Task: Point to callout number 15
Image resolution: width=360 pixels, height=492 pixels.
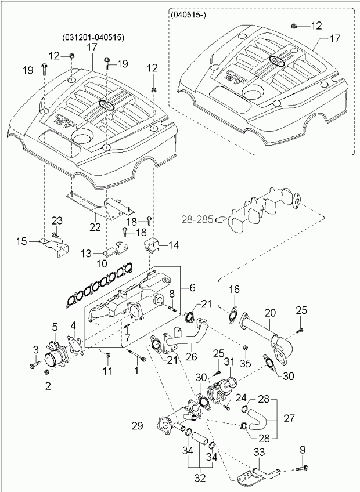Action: coord(21,240)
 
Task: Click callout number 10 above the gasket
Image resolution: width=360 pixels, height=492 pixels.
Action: coord(101,263)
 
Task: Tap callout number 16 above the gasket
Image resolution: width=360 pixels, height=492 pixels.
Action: coord(233,290)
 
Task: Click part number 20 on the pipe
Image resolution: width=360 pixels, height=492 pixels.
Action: coord(271,313)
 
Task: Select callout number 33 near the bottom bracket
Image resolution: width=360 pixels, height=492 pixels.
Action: coord(258,453)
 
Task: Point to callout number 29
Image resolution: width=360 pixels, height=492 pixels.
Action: coord(138,426)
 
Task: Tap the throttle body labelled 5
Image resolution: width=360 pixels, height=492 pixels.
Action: coord(56,352)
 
